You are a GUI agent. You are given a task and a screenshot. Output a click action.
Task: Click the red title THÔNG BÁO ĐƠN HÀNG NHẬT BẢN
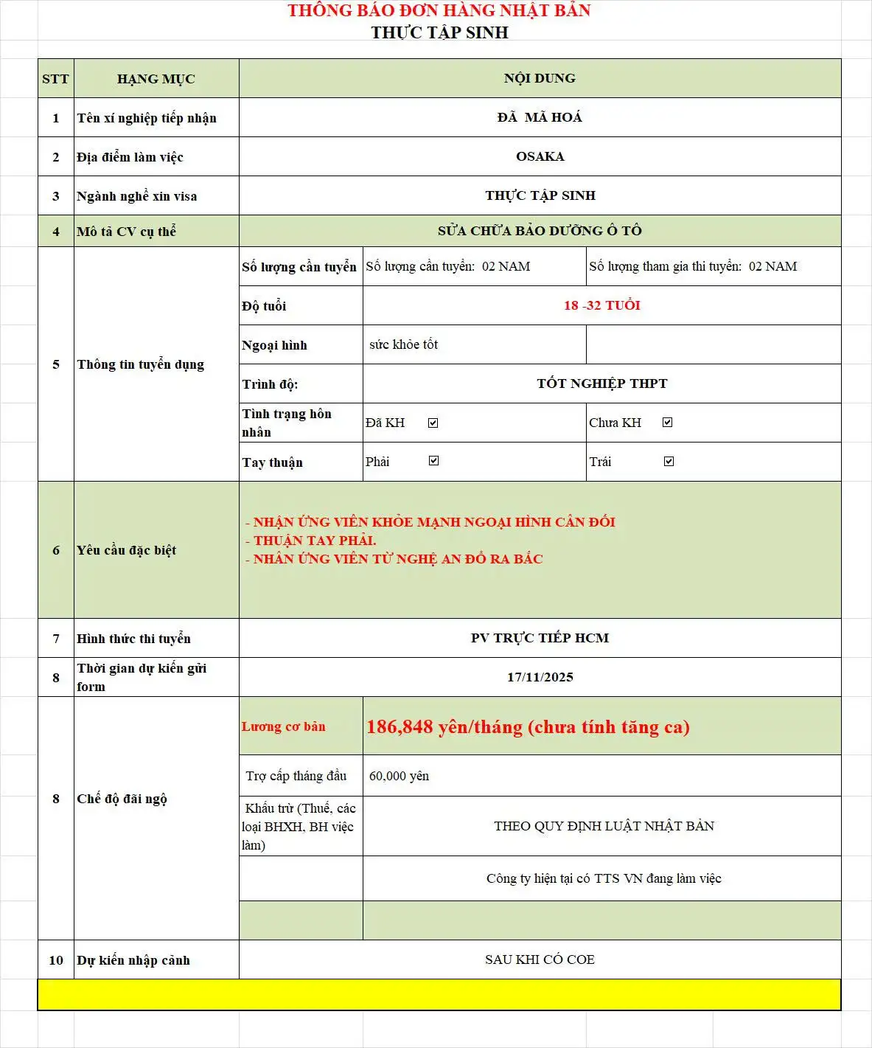(439, 11)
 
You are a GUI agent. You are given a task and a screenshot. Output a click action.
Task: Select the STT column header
(55, 79)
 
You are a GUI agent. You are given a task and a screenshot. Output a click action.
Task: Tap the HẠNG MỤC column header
(156, 79)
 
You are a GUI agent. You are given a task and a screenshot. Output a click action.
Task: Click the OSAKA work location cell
(540, 156)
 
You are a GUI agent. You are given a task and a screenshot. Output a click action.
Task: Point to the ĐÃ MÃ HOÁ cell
(540, 117)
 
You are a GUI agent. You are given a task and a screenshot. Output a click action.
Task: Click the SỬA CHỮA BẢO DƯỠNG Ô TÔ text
(540, 231)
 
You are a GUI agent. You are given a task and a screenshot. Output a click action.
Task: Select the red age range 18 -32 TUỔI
(601, 305)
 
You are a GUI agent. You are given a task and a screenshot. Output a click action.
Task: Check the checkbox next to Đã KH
(433, 423)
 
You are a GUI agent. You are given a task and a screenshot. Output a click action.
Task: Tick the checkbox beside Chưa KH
(667, 423)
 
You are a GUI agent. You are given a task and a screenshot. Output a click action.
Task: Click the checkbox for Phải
(433, 461)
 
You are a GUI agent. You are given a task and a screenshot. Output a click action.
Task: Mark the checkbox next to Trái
(669, 462)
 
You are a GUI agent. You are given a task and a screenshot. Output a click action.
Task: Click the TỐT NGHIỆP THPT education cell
(601, 384)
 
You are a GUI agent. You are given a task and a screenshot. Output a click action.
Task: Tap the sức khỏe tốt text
(403, 344)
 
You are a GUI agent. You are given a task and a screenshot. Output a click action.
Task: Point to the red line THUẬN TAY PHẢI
(315, 541)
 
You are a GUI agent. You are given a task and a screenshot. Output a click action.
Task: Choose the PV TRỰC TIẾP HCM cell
(540, 638)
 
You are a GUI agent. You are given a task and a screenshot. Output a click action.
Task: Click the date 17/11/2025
(540, 677)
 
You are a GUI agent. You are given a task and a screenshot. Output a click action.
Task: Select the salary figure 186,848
(400, 727)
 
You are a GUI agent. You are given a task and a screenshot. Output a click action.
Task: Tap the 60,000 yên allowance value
(399, 776)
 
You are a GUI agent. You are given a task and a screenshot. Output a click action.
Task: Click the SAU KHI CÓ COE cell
(540, 959)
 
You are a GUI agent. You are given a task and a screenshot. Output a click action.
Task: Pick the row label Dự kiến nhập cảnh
(133, 960)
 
